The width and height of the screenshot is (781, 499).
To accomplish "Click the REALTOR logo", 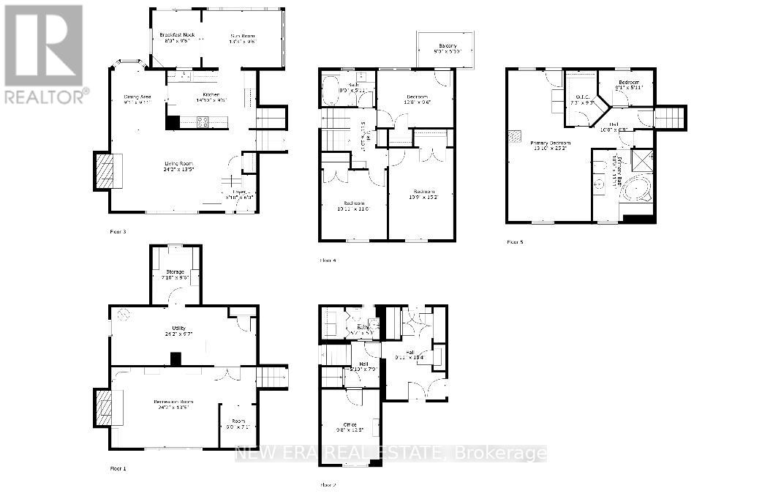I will (x=43, y=53).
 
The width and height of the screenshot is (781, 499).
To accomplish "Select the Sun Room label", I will (x=242, y=35).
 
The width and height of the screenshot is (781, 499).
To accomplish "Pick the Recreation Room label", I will (x=173, y=402).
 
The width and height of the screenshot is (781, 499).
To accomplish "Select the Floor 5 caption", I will (x=515, y=241).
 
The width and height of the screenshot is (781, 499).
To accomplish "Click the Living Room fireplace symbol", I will (x=104, y=170).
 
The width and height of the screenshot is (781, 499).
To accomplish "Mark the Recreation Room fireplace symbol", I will (x=104, y=408).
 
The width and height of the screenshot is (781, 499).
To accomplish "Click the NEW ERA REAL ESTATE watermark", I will (x=390, y=454).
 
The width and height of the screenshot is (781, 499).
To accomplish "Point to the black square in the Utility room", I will (x=175, y=359).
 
